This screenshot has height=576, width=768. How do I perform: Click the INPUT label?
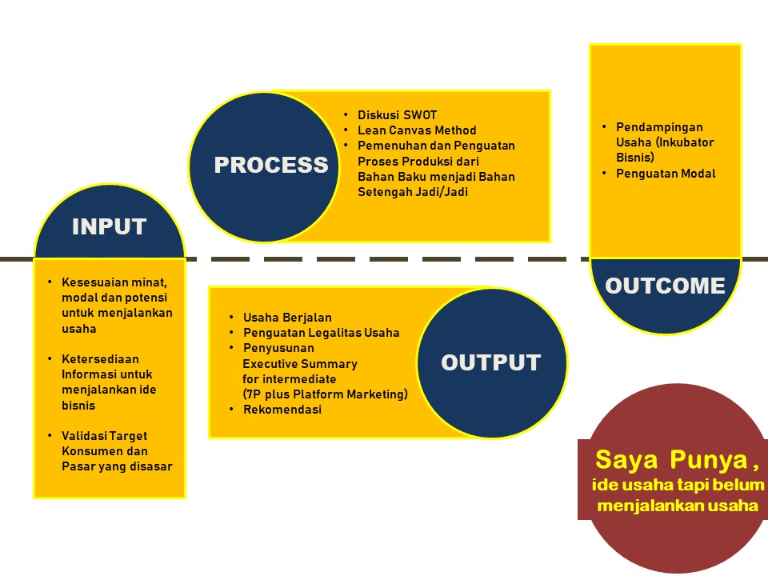tap(109, 226)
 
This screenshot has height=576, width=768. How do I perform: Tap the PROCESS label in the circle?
tap(270, 165)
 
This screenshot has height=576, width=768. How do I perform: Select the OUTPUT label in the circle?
tap(490, 362)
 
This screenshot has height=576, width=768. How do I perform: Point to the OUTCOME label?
tap(665, 286)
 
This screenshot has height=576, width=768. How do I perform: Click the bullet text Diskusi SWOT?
tap(397, 114)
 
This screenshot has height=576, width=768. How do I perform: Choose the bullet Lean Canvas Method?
tap(416, 130)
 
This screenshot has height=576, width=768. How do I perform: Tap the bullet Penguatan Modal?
tap(666, 174)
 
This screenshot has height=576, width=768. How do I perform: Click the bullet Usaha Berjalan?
tap(287, 318)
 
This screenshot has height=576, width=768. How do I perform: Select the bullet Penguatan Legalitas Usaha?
tap(321, 333)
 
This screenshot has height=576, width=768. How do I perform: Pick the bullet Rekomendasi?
tap(282, 410)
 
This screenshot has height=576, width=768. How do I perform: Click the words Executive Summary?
tap(300, 363)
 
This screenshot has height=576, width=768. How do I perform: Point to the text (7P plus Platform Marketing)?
tap(325, 394)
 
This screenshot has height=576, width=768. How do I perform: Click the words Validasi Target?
tap(104, 436)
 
